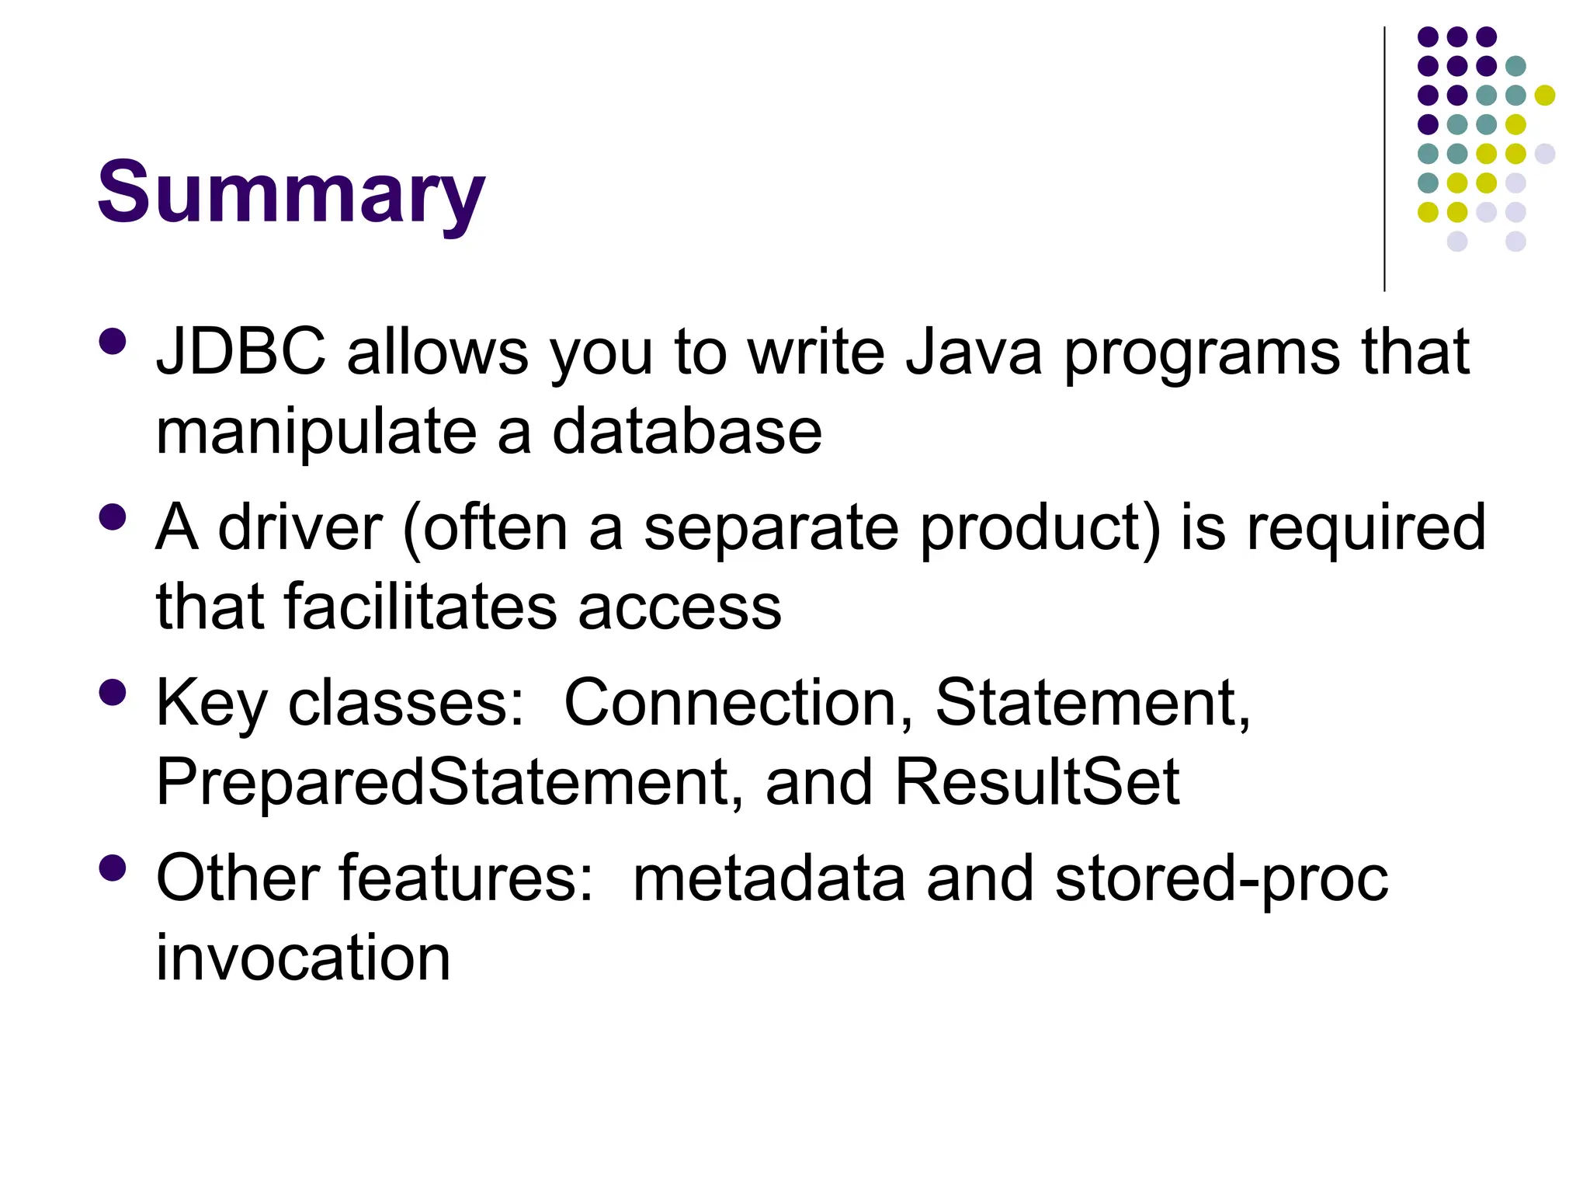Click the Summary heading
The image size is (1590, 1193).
(290, 192)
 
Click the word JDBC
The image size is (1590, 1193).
(241, 352)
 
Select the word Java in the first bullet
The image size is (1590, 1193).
(974, 352)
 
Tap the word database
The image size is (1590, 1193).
(686, 432)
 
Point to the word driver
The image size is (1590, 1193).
(300, 528)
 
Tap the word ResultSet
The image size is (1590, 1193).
(1036, 782)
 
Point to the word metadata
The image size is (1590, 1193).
(769, 878)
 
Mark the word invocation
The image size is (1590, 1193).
(303, 958)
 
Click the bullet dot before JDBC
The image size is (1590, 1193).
(113, 342)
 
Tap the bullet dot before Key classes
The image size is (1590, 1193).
(113, 692)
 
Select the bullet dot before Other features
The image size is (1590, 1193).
(113, 868)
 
